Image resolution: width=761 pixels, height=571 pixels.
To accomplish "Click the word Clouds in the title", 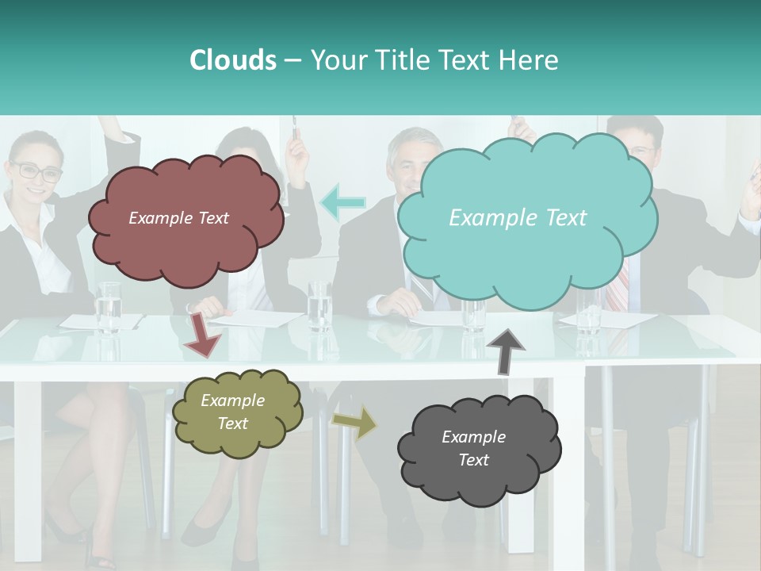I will [233, 60].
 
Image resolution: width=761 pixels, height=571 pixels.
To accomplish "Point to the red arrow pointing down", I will [202, 334].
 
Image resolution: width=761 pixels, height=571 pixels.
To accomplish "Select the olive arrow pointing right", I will [354, 423].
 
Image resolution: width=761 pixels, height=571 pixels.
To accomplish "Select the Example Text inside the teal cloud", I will [518, 218].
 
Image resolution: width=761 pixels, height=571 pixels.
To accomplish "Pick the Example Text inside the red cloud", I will [178, 218].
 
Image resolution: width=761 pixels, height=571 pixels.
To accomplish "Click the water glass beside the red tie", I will [588, 311].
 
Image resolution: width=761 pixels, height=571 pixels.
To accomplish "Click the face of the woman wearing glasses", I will [36, 174].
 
